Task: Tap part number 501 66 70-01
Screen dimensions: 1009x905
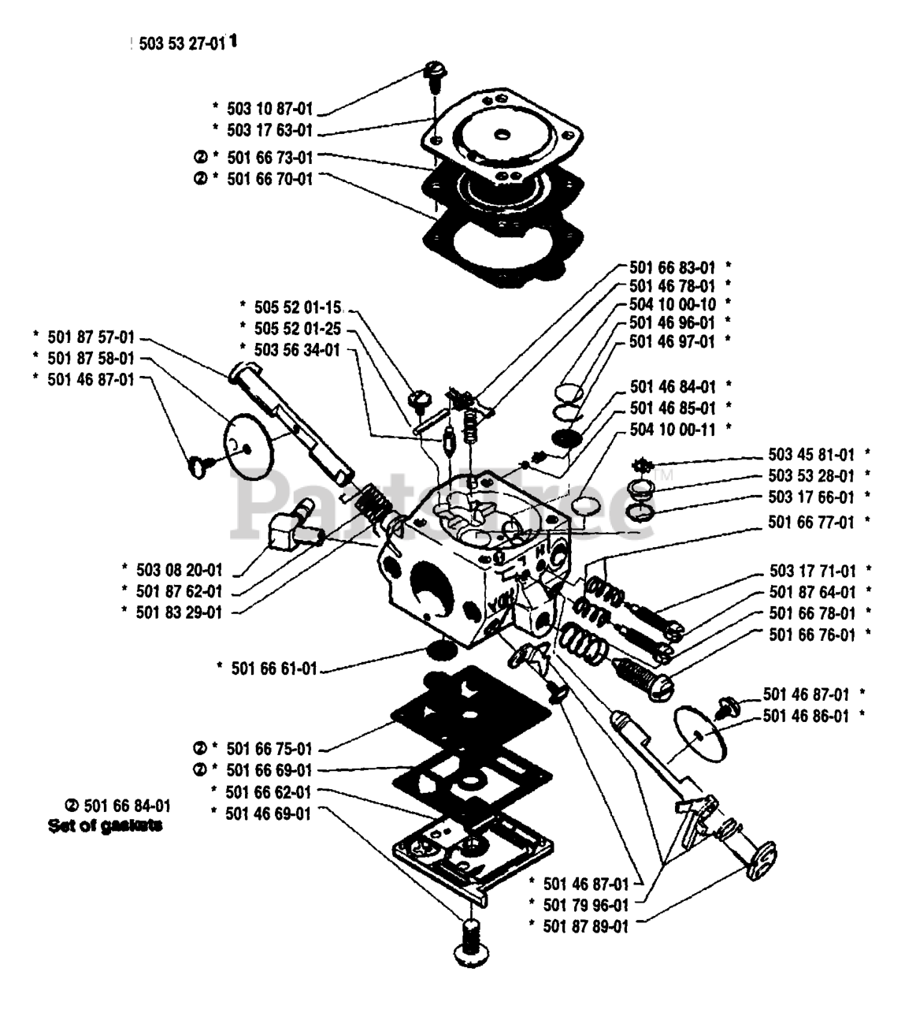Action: click(269, 179)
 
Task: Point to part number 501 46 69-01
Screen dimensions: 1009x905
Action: click(267, 813)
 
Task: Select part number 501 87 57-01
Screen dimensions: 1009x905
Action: click(91, 337)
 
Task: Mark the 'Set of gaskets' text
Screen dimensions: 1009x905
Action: click(105, 826)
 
